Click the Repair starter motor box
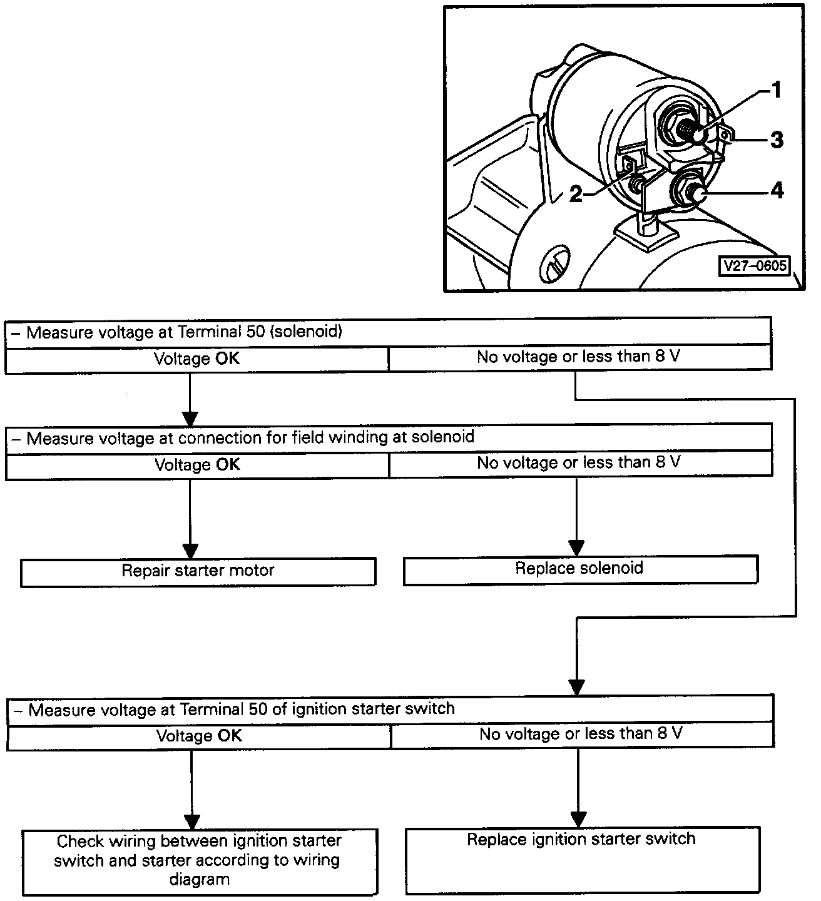tap(198, 571)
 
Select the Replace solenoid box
tap(579, 569)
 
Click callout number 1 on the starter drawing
tap(775, 91)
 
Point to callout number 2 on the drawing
tap(576, 195)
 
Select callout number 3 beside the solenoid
tap(776, 140)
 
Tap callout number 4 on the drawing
tap(777, 190)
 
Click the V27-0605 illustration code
tap(754, 266)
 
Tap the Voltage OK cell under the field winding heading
tap(197, 465)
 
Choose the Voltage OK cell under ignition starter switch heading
tap(199, 736)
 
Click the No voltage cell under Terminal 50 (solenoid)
tap(579, 357)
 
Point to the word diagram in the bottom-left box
tap(200, 880)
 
